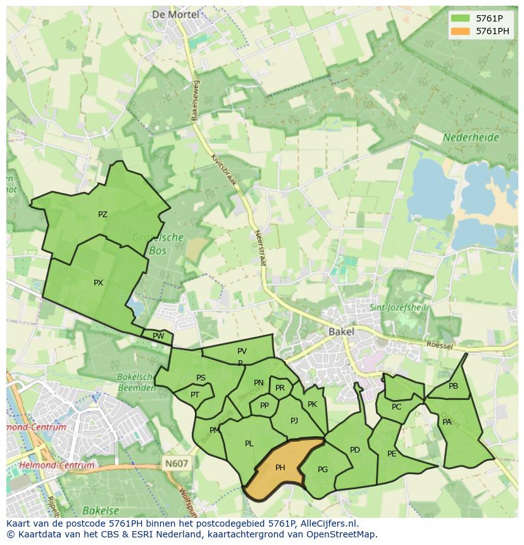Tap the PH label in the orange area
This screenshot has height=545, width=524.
pyautogui.click(x=280, y=468)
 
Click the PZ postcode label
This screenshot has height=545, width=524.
pyautogui.click(x=103, y=215)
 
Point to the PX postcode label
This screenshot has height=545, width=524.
pyautogui.click(x=98, y=283)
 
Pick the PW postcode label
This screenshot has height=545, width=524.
pyautogui.click(x=158, y=336)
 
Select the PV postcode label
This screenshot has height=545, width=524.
pyautogui.click(x=242, y=351)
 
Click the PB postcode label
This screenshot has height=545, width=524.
pyautogui.click(x=453, y=386)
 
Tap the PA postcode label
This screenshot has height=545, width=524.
pyautogui.click(x=447, y=422)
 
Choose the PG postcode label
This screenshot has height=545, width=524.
pyautogui.click(x=323, y=469)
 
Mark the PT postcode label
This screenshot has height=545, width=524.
pyautogui.click(x=195, y=394)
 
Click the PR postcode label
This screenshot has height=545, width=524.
pyautogui.click(x=280, y=388)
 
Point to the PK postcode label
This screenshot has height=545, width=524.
pyautogui.click(x=312, y=404)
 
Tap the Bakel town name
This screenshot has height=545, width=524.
pyautogui.click(x=341, y=331)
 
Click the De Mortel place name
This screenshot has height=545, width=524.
pyautogui.click(x=175, y=14)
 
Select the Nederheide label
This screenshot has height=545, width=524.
pyautogui.click(x=471, y=137)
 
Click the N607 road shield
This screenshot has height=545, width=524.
pyautogui.click(x=177, y=463)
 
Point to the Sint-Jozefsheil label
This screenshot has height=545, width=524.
pyautogui.click(x=398, y=308)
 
